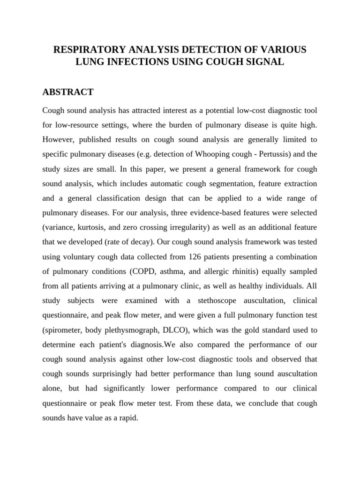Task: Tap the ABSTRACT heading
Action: pyautogui.click(x=68, y=92)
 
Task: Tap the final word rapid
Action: pyautogui.click(x=127, y=418)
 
